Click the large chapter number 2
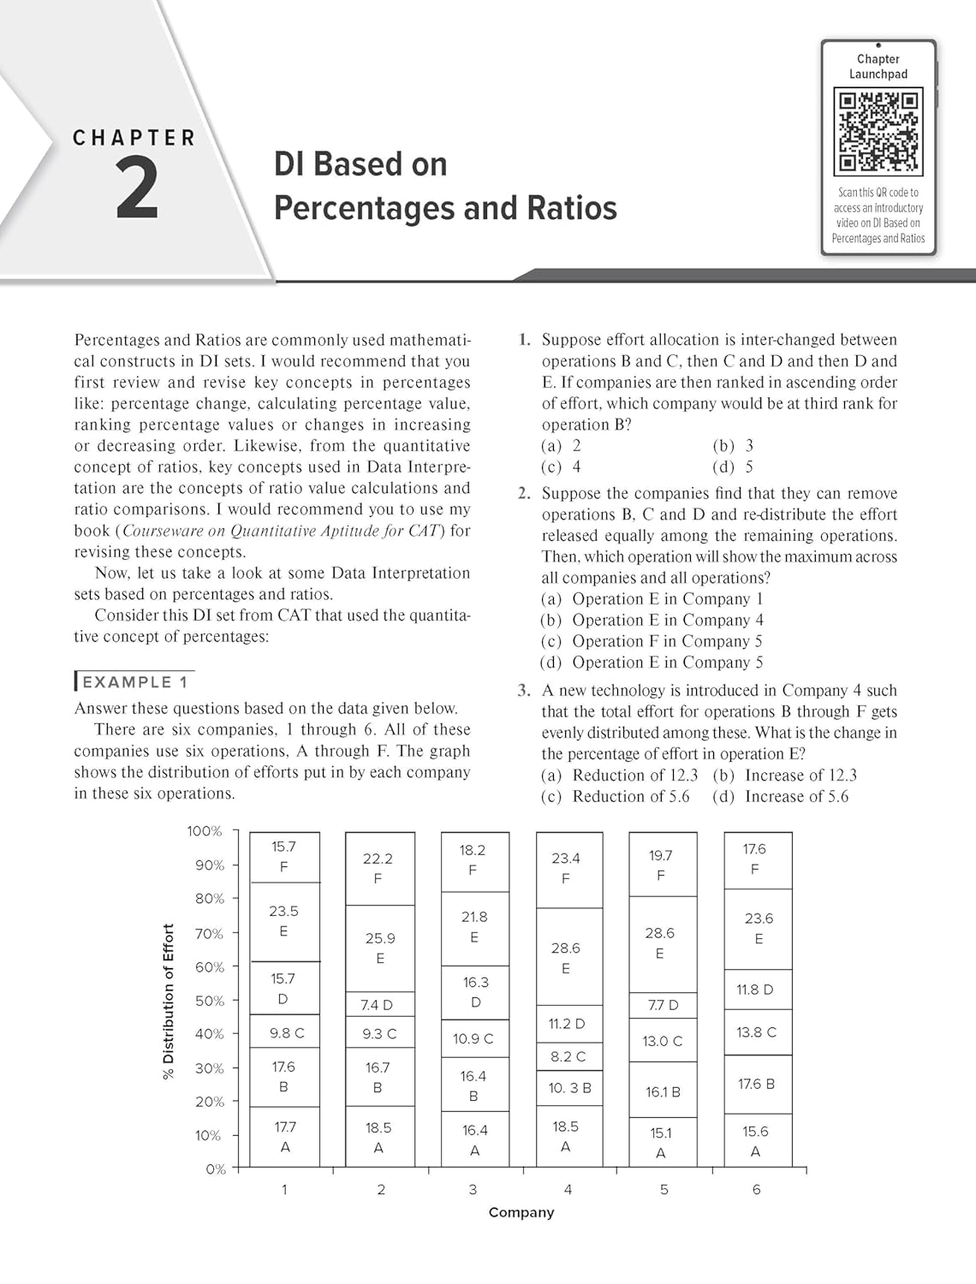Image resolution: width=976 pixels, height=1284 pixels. tap(137, 190)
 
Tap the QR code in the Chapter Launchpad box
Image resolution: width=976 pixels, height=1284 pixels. tap(878, 132)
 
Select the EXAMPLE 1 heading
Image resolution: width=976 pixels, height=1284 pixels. tap(134, 682)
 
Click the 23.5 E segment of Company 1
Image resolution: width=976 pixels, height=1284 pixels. tap(284, 921)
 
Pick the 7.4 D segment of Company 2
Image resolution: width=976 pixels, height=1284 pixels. tap(380, 1004)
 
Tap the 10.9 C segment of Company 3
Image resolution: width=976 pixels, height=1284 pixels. tap(474, 1039)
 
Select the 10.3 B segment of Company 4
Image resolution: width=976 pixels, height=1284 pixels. tap(569, 1088)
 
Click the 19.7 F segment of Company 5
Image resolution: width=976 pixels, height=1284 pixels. tap(662, 865)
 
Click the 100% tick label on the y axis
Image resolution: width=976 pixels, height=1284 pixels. tap(205, 831)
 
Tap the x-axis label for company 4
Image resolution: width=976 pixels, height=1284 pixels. tap(568, 1189)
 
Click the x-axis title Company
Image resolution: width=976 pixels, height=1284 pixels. tap(521, 1212)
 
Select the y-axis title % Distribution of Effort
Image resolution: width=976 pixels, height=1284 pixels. tap(168, 1001)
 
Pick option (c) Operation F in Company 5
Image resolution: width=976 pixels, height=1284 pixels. tap(652, 641)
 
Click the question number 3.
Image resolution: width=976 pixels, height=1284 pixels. tap(524, 690)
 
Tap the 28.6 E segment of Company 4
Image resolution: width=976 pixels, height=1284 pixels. tap(566, 958)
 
